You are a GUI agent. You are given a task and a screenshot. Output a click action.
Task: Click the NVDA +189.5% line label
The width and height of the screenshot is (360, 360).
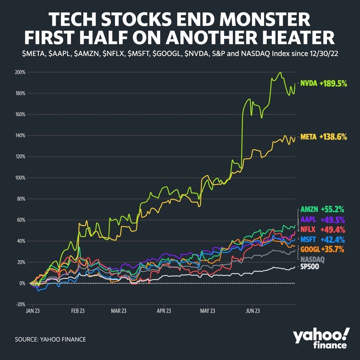point(323,84)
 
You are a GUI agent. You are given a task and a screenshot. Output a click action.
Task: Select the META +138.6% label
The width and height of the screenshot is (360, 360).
point(323,137)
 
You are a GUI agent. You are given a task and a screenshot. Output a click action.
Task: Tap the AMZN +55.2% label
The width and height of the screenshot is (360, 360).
point(322,209)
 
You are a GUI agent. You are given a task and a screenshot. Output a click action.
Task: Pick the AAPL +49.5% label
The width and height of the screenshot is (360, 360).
point(322,220)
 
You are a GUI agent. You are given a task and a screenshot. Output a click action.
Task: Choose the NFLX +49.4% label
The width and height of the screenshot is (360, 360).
point(322,229)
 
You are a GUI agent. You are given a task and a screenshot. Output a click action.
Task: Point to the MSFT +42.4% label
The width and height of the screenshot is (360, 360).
point(322,239)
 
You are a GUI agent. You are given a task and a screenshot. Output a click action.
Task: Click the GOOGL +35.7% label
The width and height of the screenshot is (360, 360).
point(322,249)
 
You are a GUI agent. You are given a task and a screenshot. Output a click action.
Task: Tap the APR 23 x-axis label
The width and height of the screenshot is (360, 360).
point(164,311)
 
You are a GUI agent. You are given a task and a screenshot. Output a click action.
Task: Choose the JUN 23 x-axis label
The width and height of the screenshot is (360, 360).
point(252,311)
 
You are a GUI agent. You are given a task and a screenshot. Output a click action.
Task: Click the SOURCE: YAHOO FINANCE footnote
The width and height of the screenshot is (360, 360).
point(50,339)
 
